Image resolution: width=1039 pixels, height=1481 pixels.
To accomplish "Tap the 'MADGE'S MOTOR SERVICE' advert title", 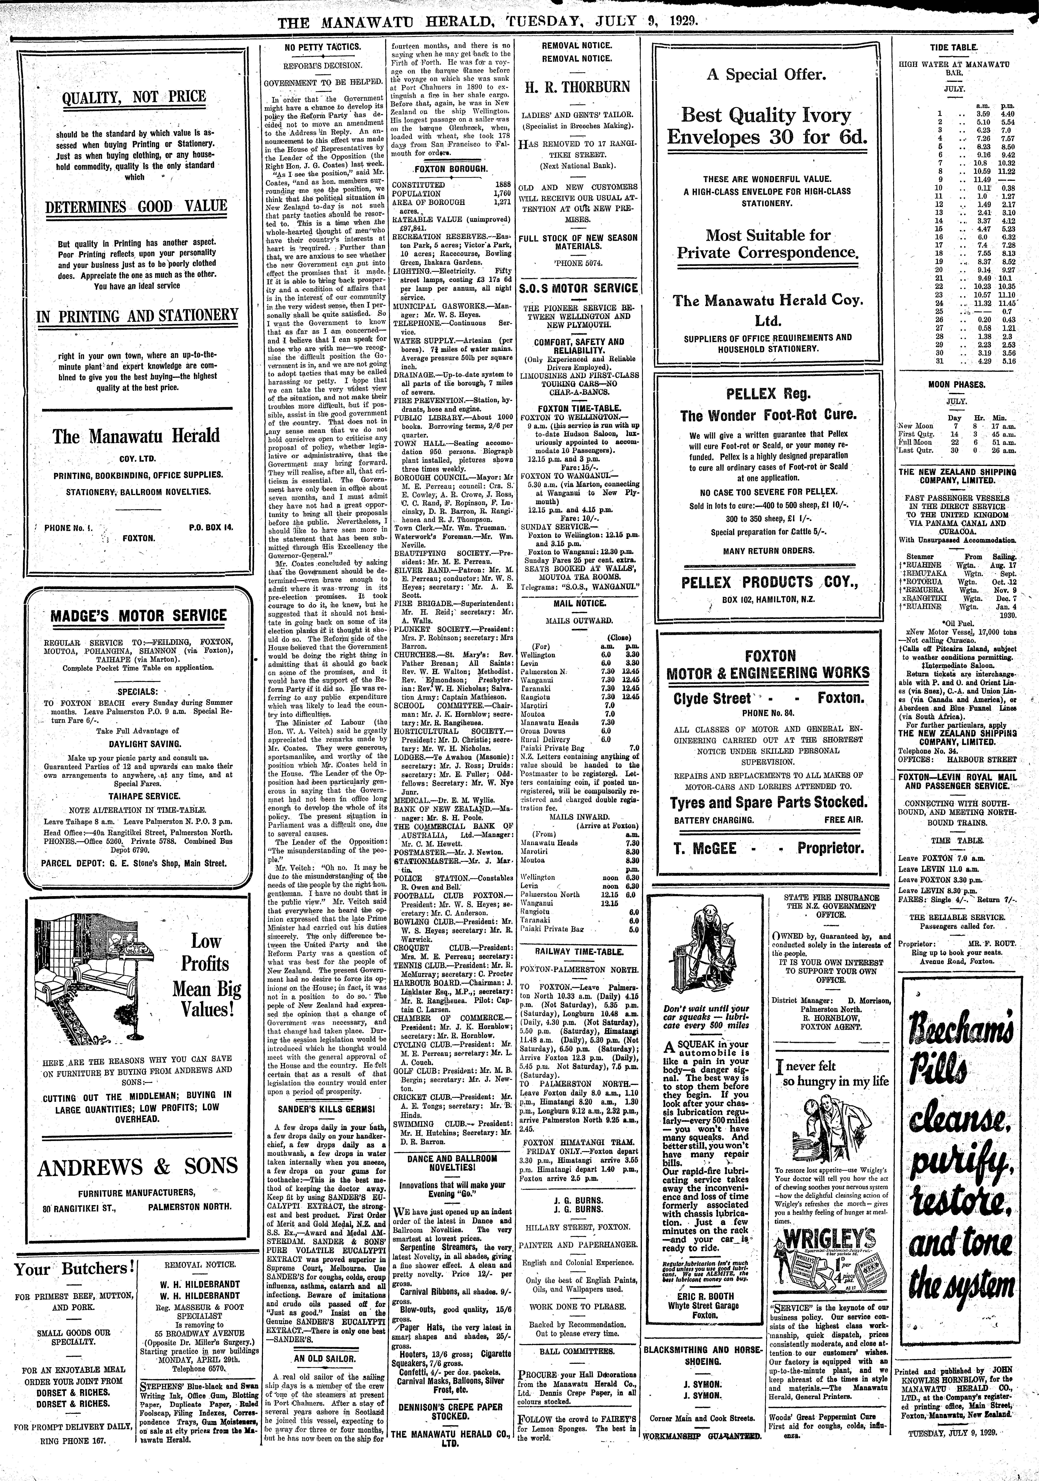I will point(138,615).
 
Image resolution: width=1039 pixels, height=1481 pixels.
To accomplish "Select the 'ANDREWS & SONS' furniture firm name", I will point(138,1167).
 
